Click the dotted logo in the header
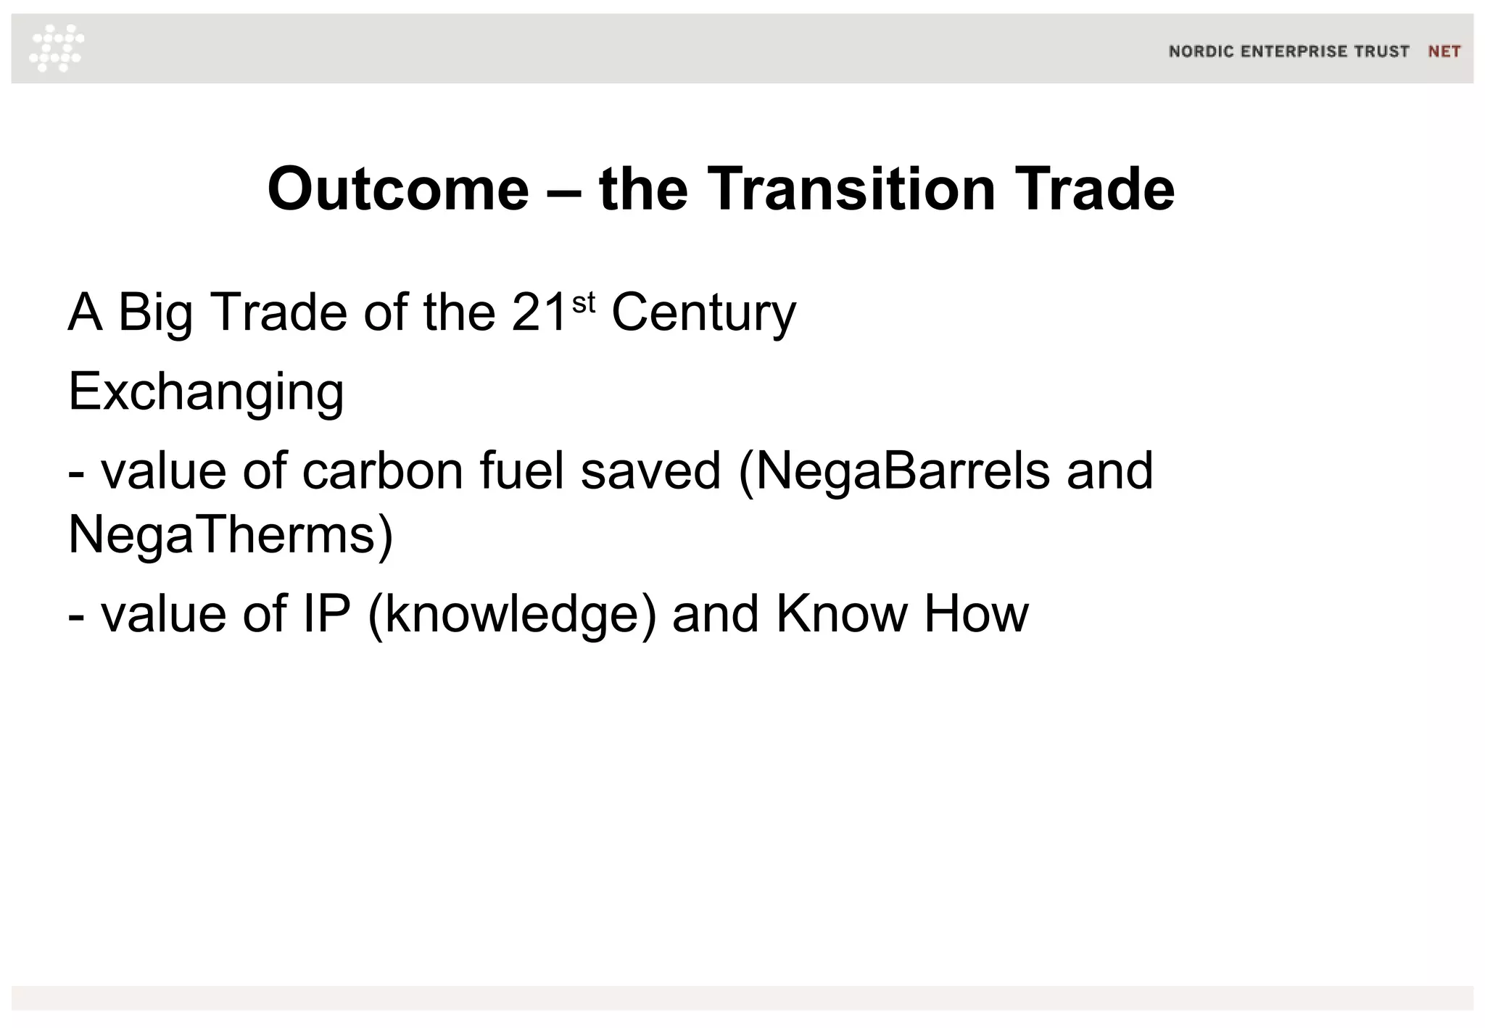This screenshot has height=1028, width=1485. click(x=57, y=49)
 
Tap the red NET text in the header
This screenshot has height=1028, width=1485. click(x=1444, y=51)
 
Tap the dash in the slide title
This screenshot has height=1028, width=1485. click(x=564, y=190)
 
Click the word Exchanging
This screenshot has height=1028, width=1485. click(x=206, y=392)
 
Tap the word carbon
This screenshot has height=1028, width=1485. click(x=383, y=471)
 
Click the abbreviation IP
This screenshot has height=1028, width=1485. click(x=326, y=613)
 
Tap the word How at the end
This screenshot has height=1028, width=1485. click(x=976, y=613)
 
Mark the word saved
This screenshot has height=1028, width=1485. click(x=650, y=471)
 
